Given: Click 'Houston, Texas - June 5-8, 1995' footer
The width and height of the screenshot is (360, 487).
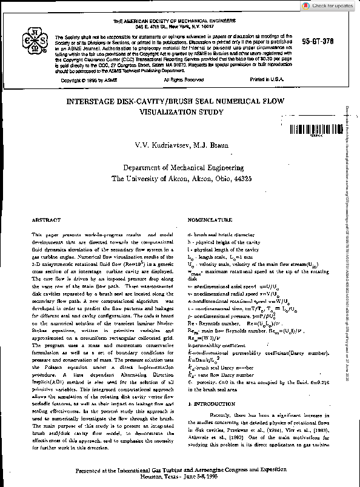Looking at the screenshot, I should [180, 477].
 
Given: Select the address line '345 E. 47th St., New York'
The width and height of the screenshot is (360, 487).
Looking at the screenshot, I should [156, 27].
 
